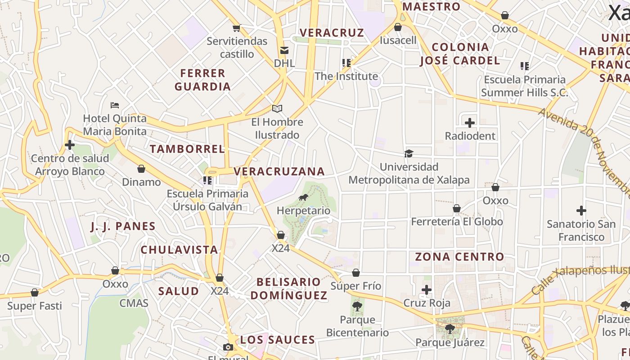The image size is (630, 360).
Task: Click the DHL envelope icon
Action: click(x=284, y=50)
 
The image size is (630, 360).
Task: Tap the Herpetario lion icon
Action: click(x=303, y=197)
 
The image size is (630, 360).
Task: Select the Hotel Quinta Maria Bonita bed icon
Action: click(x=115, y=105)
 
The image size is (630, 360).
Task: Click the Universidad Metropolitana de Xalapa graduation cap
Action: click(x=409, y=153)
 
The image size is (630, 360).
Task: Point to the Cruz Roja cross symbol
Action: click(x=427, y=289)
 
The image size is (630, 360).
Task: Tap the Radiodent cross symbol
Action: click(x=470, y=122)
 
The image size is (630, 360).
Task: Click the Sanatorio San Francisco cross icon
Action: click(x=581, y=210)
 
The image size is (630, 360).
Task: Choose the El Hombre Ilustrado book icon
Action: click(x=277, y=108)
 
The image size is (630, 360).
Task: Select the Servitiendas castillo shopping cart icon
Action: click(x=237, y=28)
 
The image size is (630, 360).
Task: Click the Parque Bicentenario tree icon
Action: click(x=357, y=306)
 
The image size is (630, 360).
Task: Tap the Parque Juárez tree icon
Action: click(x=450, y=329)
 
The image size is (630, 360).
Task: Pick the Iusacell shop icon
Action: click(x=398, y=27)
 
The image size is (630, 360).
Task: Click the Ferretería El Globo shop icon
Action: click(x=457, y=208)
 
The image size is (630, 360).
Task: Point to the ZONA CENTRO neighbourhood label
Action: click(x=459, y=257)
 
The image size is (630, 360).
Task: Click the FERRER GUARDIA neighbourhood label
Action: click(x=202, y=80)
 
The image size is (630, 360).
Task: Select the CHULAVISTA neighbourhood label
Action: click(x=179, y=250)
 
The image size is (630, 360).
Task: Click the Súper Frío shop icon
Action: click(x=356, y=273)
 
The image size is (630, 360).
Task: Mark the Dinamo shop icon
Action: click(x=141, y=169)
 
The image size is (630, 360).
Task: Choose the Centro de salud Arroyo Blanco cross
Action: click(x=70, y=145)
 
